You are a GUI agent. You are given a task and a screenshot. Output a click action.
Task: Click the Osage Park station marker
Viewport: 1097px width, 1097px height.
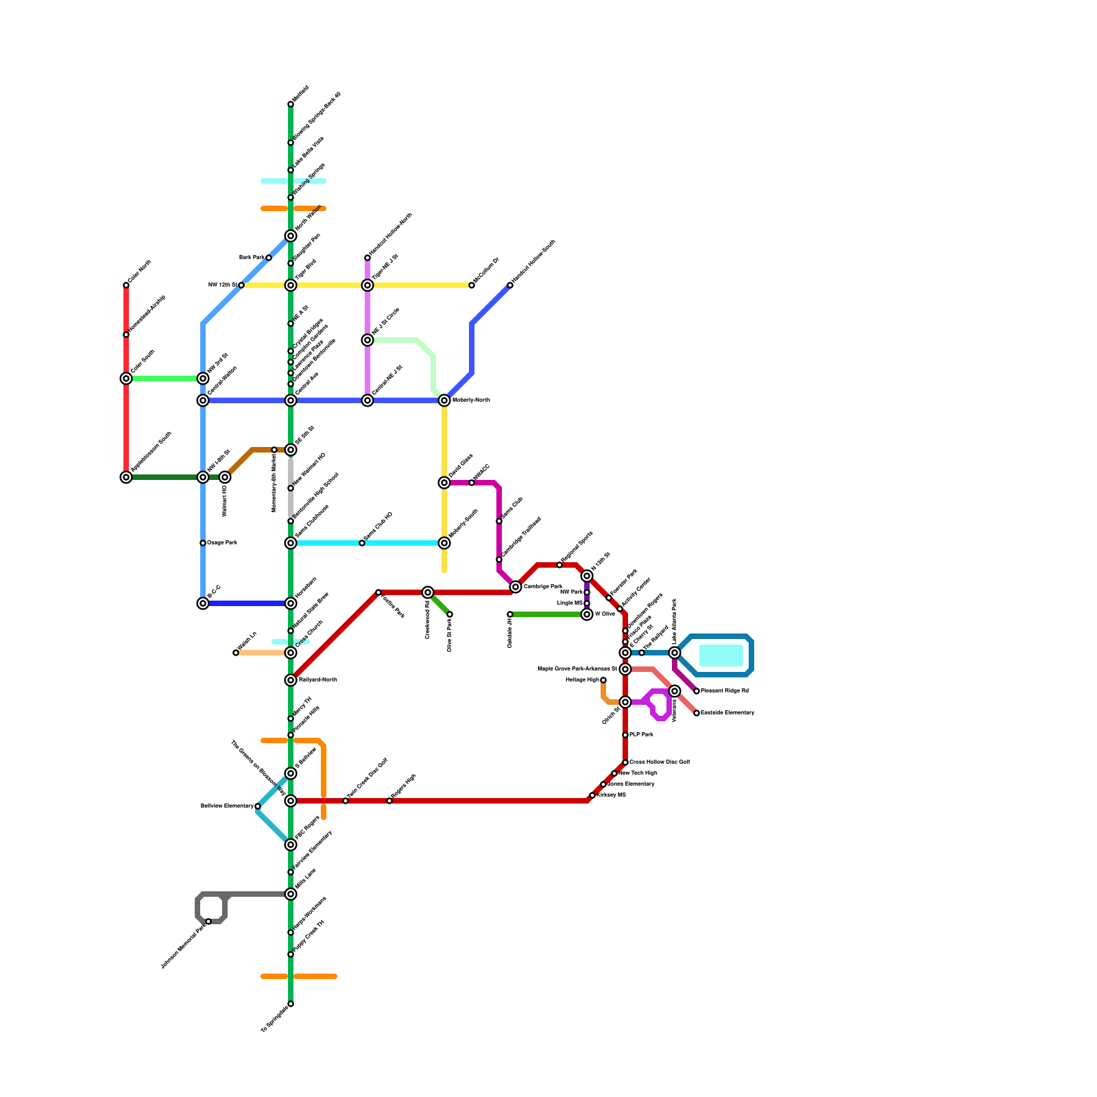203,543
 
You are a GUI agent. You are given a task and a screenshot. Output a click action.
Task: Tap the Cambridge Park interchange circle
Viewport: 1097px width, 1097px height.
516,587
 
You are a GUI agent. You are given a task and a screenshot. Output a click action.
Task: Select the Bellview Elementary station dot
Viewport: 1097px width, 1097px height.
258,806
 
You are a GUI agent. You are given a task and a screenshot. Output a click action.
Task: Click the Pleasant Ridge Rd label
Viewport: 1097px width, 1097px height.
725,691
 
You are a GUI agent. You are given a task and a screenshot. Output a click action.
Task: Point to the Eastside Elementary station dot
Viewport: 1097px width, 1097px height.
697,713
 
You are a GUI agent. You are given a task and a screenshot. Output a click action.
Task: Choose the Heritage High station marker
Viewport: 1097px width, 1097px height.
603,680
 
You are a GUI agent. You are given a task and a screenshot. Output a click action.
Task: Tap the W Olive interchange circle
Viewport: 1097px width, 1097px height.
587,614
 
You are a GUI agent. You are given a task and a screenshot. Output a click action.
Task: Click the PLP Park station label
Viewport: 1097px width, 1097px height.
642,735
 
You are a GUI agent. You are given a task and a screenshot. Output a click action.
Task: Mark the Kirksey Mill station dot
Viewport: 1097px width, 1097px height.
592,795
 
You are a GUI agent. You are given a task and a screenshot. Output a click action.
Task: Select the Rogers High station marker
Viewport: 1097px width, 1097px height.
389,801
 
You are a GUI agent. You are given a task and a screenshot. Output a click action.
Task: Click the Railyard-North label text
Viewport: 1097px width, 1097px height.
317,680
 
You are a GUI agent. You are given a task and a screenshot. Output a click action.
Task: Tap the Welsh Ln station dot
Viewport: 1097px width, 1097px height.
236,653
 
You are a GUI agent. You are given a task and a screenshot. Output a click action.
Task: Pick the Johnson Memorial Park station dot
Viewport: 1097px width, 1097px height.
208,922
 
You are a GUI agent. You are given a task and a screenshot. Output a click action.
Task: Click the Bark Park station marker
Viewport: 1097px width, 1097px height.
269,258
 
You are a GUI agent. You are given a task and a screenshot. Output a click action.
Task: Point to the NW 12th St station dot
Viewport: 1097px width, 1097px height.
241,285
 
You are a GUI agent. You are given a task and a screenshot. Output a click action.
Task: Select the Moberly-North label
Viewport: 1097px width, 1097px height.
471,400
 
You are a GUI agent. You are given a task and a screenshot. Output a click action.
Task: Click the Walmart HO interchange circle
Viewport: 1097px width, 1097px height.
225,477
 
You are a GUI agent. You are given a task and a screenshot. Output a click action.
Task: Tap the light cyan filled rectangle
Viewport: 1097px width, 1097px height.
721,655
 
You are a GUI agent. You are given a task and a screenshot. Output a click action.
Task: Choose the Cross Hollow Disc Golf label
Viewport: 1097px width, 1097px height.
660,762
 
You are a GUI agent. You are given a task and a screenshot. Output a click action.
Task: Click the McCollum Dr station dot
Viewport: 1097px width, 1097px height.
472,285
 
